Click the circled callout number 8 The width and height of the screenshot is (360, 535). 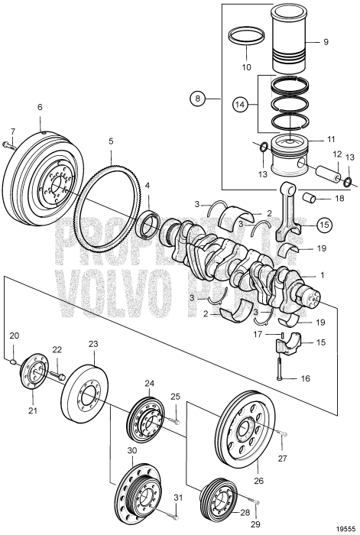(x=198, y=98)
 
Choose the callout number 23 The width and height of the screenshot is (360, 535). (x=93, y=344)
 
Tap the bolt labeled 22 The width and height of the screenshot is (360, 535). (x=58, y=374)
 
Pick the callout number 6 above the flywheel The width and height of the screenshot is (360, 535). (x=40, y=108)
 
